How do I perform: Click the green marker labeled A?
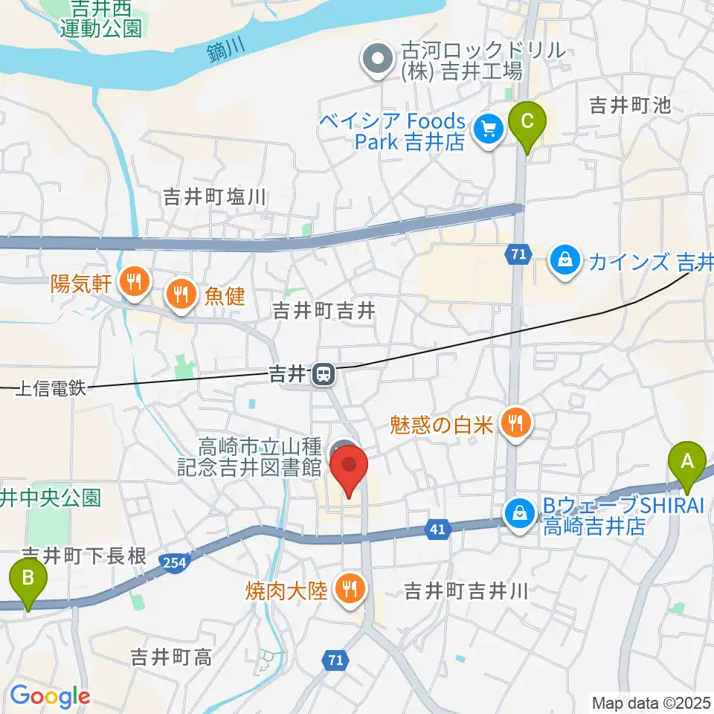[x=687, y=463]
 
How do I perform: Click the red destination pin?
[x=350, y=467]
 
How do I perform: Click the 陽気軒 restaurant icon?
[x=134, y=282]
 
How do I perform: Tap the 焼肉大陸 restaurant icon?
[x=347, y=591]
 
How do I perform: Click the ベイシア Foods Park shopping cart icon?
[x=489, y=130]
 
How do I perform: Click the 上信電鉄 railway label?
[x=51, y=388]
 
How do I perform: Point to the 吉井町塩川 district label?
[x=214, y=197]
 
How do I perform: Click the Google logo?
[x=50, y=696]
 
